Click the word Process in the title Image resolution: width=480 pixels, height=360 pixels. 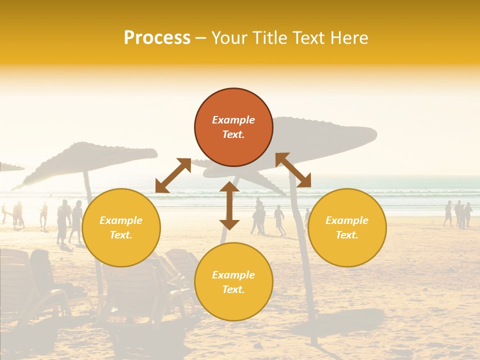point(157,38)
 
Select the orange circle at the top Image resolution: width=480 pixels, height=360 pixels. point(233,127)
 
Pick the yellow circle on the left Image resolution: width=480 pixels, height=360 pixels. point(121,227)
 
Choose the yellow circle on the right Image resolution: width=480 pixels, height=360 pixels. point(347,227)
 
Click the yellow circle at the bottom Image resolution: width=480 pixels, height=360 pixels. point(233,282)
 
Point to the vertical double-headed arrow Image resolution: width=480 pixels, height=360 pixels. point(229,205)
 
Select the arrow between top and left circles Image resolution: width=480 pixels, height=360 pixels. point(173,175)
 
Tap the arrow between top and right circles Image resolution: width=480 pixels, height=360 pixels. point(293,170)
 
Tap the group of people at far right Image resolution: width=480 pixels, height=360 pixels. point(458,214)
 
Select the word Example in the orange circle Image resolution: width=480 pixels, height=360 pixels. point(233,120)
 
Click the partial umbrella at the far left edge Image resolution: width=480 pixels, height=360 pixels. point(10,167)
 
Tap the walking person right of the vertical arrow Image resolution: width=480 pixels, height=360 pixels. point(279,219)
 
